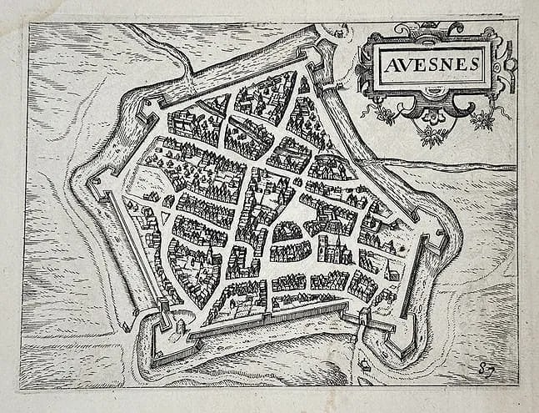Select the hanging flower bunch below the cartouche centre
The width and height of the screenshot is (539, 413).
(x=431, y=132)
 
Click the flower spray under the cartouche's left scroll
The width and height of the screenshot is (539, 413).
(x=385, y=113)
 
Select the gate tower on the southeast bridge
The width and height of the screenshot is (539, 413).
(x=365, y=316)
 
